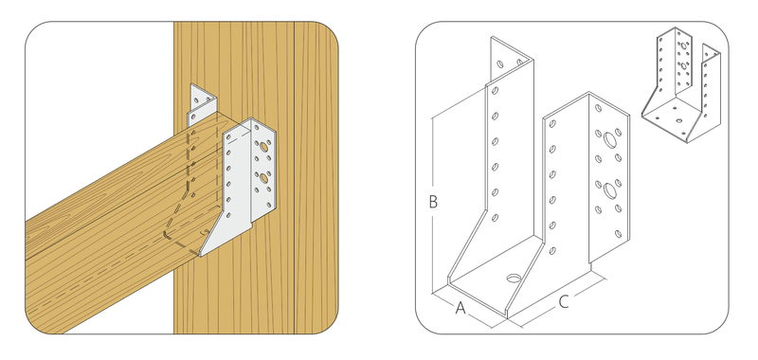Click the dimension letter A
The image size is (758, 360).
pos(460,308)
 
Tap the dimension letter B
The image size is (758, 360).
pos(433,202)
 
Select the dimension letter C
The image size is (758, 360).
pos(564,302)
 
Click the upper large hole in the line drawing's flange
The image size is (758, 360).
pos(609,140)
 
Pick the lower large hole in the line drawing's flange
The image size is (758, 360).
pos(609,190)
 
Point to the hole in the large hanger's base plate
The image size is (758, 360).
pos(514,279)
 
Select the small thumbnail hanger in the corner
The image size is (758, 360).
pos(681,85)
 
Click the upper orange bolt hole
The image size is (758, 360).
pos(263,147)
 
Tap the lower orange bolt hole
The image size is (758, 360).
pos(264,178)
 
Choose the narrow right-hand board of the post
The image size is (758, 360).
pos(316,178)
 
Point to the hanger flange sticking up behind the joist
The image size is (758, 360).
pos(203,104)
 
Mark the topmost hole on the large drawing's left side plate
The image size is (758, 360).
pos(495,90)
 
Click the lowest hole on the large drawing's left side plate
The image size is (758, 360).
pos(495,218)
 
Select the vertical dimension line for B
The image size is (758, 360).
pos(432,206)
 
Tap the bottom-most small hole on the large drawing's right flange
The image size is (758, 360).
pos(618,234)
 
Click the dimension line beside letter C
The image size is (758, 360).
pos(562,300)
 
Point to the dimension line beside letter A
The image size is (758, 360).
pos(464,309)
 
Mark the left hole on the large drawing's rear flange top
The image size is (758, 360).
pos(500,63)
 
